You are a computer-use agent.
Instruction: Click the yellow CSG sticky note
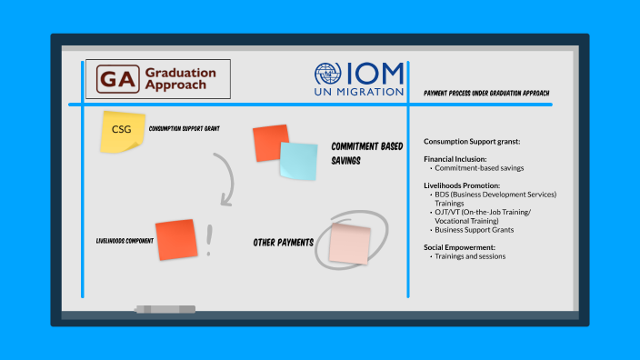tap(121, 131)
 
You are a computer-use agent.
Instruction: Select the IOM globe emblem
tap(327, 75)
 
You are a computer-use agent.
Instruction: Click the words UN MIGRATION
tap(359, 91)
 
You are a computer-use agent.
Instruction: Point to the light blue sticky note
tap(298, 161)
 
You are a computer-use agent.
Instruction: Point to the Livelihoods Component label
tap(125, 241)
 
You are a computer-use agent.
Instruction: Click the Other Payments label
tap(284, 243)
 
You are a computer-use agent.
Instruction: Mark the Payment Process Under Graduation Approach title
tap(486, 94)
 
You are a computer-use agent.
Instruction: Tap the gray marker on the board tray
tap(165, 310)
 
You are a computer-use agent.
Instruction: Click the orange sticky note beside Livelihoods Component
tap(175, 239)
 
